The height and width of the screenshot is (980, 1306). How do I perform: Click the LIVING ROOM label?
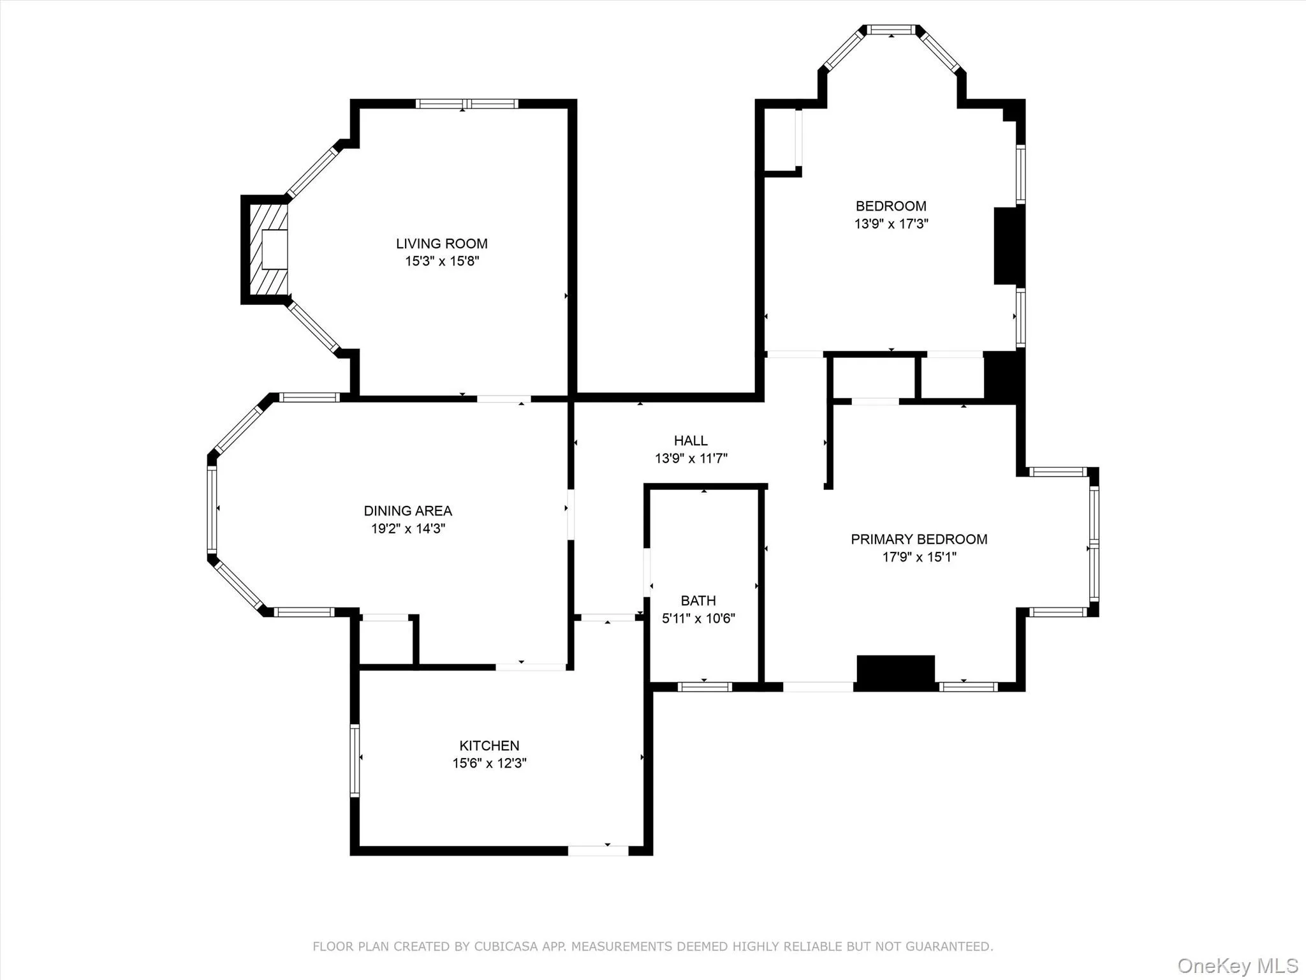pyautogui.click(x=441, y=243)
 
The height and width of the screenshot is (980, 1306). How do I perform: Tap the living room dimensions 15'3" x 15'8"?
pyautogui.click(x=441, y=261)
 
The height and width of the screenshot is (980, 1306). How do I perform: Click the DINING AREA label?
pyautogui.click(x=407, y=510)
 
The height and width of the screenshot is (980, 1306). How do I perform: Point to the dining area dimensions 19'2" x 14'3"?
pyautogui.click(x=407, y=528)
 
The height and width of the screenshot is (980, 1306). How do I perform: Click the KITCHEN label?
pyautogui.click(x=489, y=745)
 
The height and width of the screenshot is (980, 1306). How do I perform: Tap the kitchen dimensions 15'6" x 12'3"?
pyautogui.click(x=489, y=763)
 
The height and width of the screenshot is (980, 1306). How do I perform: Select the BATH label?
pyautogui.click(x=698, y=600)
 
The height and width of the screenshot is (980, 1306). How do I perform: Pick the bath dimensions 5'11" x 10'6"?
pyautogui.click(x=698, y=618)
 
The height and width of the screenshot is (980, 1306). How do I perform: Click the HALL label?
pyautogui.click(x=691, y=440)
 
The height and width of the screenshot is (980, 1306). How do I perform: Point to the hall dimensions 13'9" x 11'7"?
pyautogui.click(x=691, y=458)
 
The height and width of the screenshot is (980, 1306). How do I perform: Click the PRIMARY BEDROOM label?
pyautogui.click(x=919, y=539)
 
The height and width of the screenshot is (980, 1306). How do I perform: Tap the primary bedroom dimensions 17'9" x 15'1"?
pyautogui.click(x=919, y=557)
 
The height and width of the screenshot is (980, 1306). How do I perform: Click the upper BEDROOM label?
pyautogui.click(x=891, y=206)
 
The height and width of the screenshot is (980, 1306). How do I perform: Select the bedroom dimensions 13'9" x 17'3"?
pyautogui.click(x=891, y=224)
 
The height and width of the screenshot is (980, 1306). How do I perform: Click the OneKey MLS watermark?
pyautogui.click(x=1238, y=965)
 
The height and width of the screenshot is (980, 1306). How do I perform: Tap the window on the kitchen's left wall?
pyautogui.click(x=355, y=760)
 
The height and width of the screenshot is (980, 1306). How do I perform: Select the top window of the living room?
pyautogui.click(x=467, y=103)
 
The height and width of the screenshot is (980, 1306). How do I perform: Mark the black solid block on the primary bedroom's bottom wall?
pyautogui.click(x=895, y=672)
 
